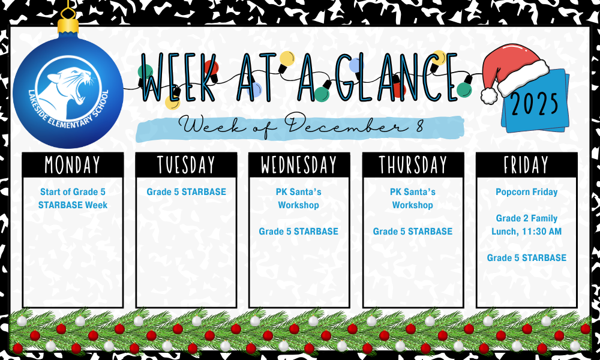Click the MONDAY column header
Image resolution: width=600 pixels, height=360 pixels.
point(73,164)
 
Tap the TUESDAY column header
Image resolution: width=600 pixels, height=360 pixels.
point(186,164)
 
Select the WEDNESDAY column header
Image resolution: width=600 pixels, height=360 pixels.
point(299,164)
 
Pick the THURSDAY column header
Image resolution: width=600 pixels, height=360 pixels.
point(413,164)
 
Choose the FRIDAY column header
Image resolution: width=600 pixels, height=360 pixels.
point(526,164)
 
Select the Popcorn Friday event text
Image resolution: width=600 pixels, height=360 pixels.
point(526,192)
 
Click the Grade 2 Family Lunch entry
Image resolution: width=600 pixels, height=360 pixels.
point(526,224)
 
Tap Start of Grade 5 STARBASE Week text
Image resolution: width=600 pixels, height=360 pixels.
point(73,199)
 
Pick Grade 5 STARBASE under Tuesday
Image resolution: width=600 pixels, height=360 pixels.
point(186,192)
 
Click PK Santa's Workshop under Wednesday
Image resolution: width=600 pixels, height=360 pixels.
point(299,199)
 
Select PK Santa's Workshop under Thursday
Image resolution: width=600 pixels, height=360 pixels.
point(413,199)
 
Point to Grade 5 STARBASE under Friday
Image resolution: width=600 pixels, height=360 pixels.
point(526,257)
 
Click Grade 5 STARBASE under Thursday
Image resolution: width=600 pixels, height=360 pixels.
point(413,231)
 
